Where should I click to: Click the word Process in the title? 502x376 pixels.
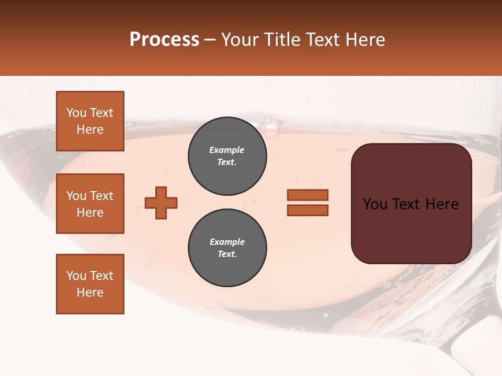tap(164, 40)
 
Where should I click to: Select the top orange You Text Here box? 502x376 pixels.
tap(90, 121)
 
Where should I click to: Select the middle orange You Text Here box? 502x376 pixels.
tap(90, 204)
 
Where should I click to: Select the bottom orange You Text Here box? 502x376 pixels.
tap(90, 284)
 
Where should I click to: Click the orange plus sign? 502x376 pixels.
tap(161, 203)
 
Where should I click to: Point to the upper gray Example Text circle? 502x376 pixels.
tap(227, 156)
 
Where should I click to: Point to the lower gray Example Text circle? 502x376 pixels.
tap(227, 248)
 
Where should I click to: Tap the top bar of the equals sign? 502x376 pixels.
tap(307, 195)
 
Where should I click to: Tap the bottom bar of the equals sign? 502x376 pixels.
tap(307, 210)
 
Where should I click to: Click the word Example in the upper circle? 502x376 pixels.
tap(226, 150)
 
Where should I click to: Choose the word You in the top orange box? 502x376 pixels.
tap(76, 113)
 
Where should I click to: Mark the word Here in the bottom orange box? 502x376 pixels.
tap(90, 292)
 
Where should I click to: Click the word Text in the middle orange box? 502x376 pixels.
tap(101, 196)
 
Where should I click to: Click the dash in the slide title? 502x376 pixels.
tap(210, 40)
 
